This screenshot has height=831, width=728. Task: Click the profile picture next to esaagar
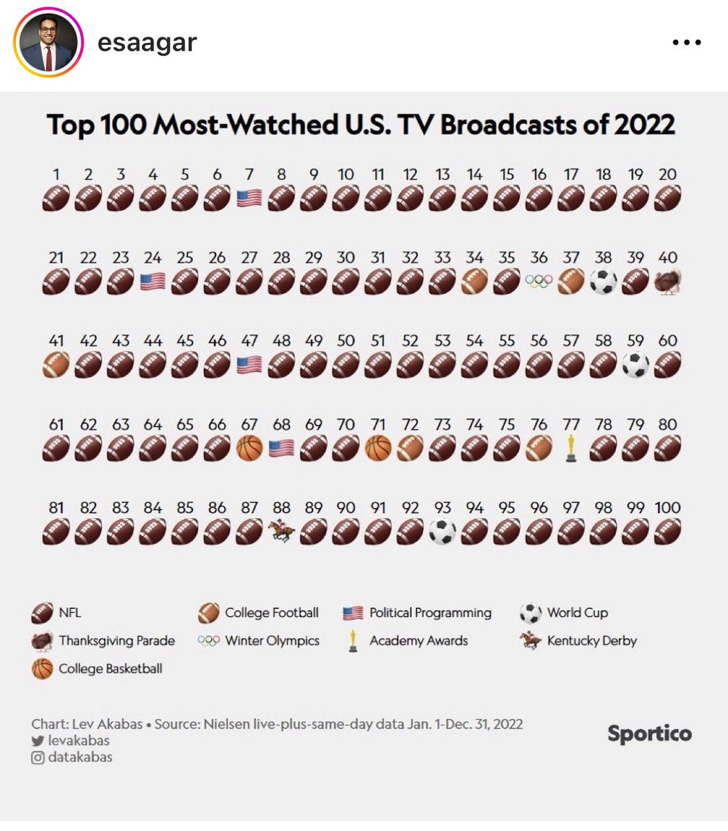[x=48, y=43]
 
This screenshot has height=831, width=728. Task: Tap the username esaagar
[x=147, y=42]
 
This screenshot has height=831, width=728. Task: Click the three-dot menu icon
[x=686, y=43]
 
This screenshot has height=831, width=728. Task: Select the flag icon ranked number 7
[x=249, y=199]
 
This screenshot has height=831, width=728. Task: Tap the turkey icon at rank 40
[x=668, y=282]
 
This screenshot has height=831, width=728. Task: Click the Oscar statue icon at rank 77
[x=570, y=448]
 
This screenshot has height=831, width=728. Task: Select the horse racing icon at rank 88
[x=281, y=531]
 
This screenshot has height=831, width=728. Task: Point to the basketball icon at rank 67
[x=249, y=448]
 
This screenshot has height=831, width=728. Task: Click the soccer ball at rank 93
[x=442, y=531]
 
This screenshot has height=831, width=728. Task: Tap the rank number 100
[x=667, y=508]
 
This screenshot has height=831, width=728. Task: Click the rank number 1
[x=56, y=175]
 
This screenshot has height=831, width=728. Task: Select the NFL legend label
[x=70, y=613]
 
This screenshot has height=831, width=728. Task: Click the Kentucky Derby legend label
[x=592, y=641]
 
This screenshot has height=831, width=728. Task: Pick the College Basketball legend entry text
[x=110, y=669]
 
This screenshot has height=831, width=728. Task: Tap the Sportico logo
[x=649, y=734]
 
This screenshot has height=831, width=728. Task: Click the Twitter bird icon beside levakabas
[x=37, y=741]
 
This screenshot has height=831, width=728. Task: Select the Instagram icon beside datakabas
[x=37, y=758]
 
